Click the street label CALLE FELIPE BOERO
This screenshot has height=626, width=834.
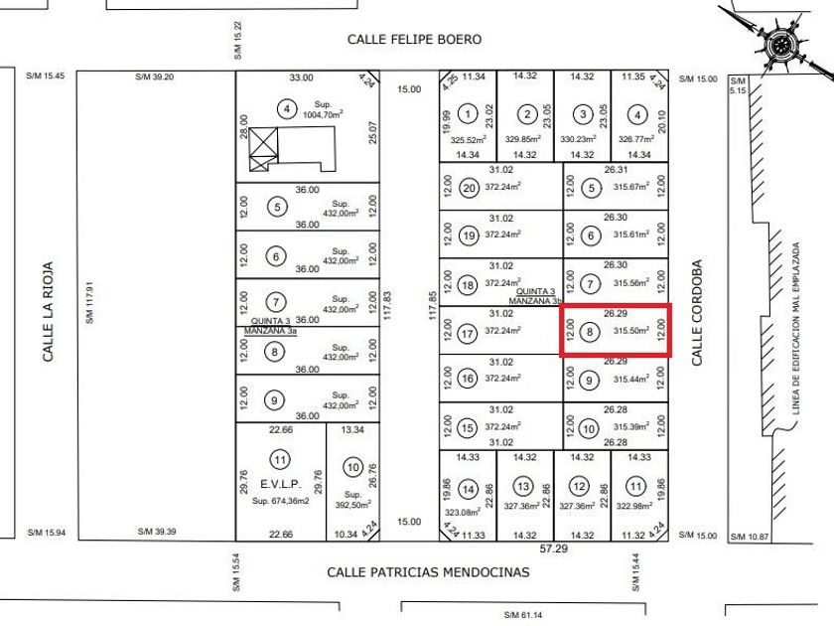pyautogui.click(x=414, y=39)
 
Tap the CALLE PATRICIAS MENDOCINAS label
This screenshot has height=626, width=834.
pyautogui.click(x=429, y=572)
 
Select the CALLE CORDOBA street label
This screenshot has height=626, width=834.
pyautogui.click(x=697, y=314)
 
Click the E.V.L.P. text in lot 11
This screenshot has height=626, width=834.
pyautogui.click(x=280, y=485)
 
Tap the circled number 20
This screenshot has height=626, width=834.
pyautogui.click(x=469, y=188)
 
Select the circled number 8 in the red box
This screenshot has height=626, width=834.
pyautogui.click(x=592, y=333)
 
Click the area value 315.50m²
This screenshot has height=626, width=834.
pyautogui.click(x=631, y=332)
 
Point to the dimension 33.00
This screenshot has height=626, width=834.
pyautogui.click(x=301, y=78)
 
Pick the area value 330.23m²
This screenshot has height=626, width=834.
pyautogui.click(x=583, y=140)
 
